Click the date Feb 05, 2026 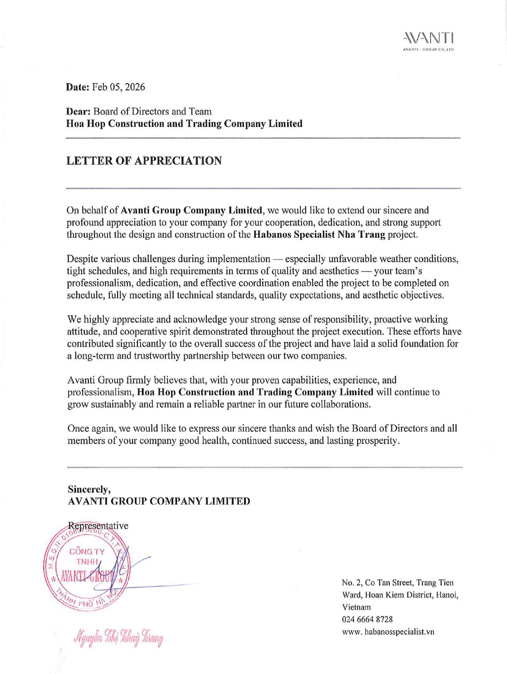(119, 87)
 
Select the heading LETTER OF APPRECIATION (144, 161)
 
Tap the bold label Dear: (79, 111)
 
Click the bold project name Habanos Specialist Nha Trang (319, 234)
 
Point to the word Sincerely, (89, 489)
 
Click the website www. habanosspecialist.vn (388, 632)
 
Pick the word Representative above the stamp (98, 526)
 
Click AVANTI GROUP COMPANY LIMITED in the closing (158, 501)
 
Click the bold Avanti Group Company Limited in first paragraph (192, 210)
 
